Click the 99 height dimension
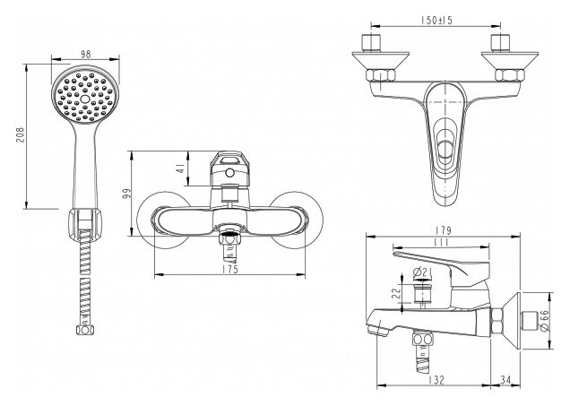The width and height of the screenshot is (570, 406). point(129,194)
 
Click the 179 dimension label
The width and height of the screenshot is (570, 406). point(444,230)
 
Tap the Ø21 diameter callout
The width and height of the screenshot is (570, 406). point(426,274)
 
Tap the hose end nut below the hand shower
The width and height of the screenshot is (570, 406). point(85,330)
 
